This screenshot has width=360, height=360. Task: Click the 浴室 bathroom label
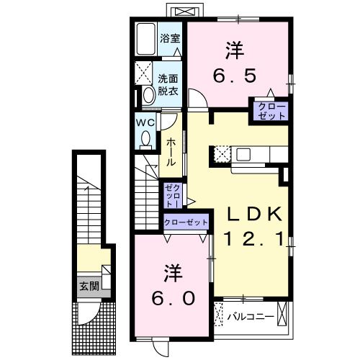[x=170, y=38]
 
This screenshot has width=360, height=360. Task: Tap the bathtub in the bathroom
[x=146, y=38]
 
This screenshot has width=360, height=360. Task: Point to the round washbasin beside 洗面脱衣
[x=148, y=94]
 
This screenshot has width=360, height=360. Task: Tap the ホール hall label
[x=171, y=153]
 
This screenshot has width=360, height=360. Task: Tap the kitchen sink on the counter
[x=243, y=153]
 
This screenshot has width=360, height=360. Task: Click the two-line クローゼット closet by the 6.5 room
[x=269, y=110]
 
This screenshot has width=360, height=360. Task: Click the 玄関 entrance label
[x=89, y=286]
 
